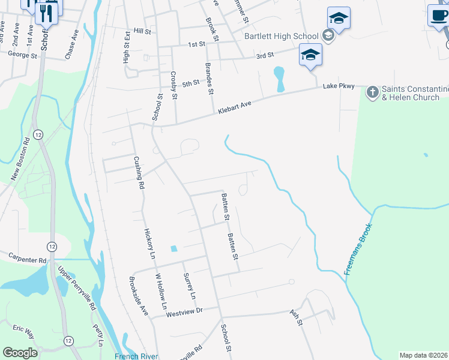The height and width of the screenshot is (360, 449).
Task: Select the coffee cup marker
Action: pos(438,15)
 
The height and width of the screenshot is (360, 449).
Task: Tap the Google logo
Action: pos(20,353)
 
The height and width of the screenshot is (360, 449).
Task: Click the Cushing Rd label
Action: pos(139,173)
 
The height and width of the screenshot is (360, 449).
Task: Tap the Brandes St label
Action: pos(209,79)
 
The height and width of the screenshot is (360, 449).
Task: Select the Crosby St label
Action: pos(173,85)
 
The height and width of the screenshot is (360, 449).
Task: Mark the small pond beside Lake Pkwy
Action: pos(279,79)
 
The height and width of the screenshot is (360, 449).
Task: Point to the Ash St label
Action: pos(295,316)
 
